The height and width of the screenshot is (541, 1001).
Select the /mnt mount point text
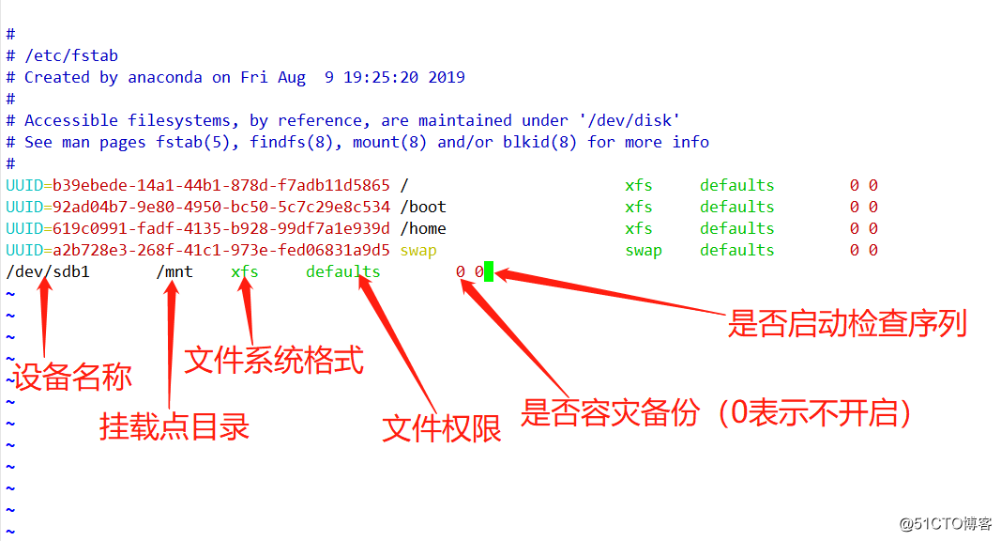(174, 272)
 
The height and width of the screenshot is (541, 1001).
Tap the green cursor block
(489, 272)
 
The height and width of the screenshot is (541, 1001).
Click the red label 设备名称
(72, 377)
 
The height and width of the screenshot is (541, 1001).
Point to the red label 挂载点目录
(174, 426)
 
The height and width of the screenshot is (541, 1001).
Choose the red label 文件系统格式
(274, 360)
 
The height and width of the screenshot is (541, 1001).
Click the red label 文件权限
(442, 428)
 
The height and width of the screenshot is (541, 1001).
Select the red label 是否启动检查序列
(847, 324)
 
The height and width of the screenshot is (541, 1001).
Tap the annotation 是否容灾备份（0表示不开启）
(718, 413)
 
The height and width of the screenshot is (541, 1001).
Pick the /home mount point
(423, 228)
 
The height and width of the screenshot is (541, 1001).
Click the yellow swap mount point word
(418, 250)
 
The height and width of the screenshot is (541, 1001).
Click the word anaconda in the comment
(165, 77)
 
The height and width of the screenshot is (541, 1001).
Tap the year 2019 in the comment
(447, 77)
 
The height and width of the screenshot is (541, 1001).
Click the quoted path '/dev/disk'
(629, 120)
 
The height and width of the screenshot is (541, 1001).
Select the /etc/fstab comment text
(71, 55)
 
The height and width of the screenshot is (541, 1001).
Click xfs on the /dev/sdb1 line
(245, 272)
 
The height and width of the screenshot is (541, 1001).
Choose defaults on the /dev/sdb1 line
(343, 272)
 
